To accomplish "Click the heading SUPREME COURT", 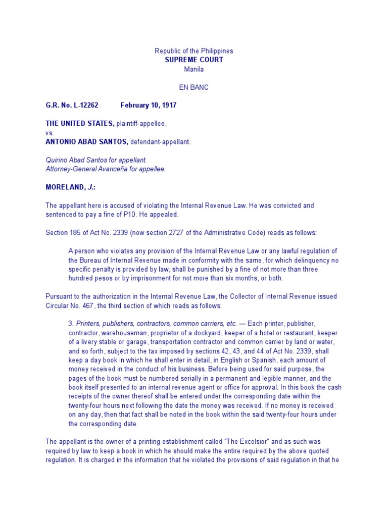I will coord(193,60).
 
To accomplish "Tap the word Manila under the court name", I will coord(193,69).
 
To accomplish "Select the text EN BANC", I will coord(193,87).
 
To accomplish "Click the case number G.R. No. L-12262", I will coord(72,106).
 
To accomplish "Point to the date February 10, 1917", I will coord(149,106).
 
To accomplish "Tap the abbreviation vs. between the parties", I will coord(50,133).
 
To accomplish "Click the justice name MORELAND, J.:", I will coord(70,187).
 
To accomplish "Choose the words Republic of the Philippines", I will coord(193,51).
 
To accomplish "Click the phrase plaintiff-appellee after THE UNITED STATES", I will coord(141,124).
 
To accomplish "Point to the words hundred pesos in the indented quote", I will coord(86,278).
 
